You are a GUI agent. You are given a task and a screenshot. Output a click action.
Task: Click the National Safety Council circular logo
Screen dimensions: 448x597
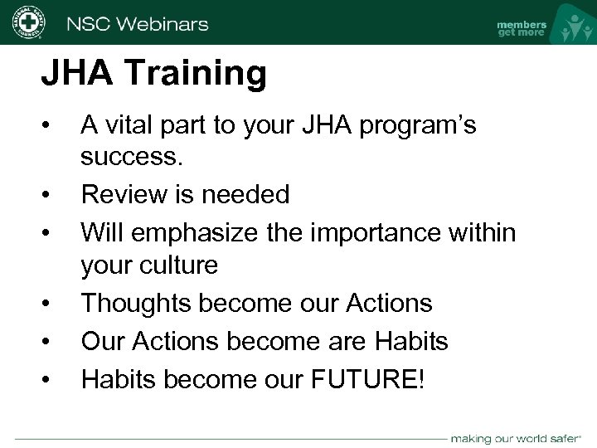coord(27,22)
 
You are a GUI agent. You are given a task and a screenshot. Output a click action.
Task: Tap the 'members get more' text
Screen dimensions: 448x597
coord(521,28)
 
